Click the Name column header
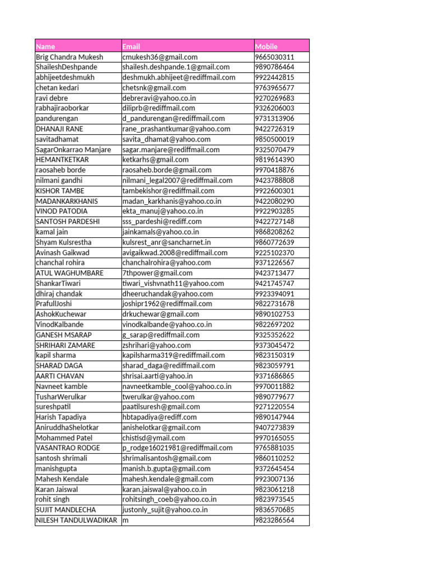click(46, 46)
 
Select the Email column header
click(131, 46)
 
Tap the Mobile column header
click(266, 46)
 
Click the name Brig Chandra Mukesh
click(69, 57)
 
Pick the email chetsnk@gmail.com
click(154, 88)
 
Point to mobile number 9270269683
click(274, 98)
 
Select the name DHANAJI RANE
click(59, 129)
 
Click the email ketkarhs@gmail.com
click(155, 159)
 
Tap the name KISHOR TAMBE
click(60, 191)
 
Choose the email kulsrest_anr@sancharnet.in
click(166, 242)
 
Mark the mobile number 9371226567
click(274, 262)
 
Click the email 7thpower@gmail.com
click(157, 273)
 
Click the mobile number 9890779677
click(274, 397)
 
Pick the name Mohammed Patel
click(64, 438)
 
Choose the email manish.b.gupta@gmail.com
click(166, 468)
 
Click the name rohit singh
click(53, 499)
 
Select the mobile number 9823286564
click(274, 520)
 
